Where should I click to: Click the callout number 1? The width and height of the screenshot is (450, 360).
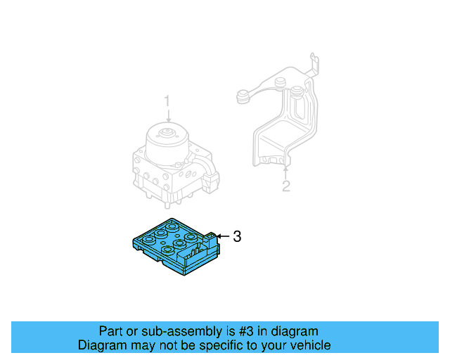pyautogui.click(x=167, y=103)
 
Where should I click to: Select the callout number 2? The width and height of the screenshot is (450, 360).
pyautogui.click(x=285, y=186)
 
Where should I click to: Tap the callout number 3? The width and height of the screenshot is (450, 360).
pyautogui.click(x=237, y=237)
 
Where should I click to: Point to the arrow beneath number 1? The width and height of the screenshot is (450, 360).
pyautogui.click(x=167, y=117)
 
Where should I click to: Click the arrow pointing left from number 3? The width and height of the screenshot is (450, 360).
pyautogui.click(x=222, y=236)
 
